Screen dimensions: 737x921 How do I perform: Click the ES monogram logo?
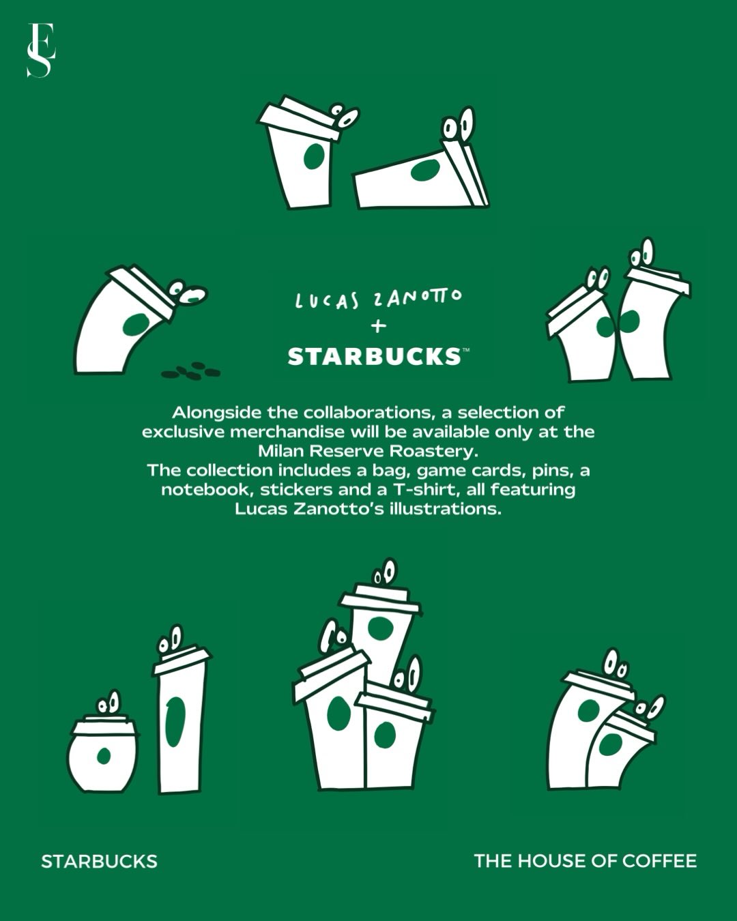point(41,50)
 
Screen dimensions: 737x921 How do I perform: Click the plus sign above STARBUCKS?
point(378,327)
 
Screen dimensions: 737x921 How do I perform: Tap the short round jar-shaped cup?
point(103,752)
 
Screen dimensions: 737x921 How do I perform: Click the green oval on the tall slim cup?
point(175,722)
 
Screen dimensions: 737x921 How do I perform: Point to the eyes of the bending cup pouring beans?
point(187,292)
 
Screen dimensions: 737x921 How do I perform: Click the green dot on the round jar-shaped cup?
point(103,756)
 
